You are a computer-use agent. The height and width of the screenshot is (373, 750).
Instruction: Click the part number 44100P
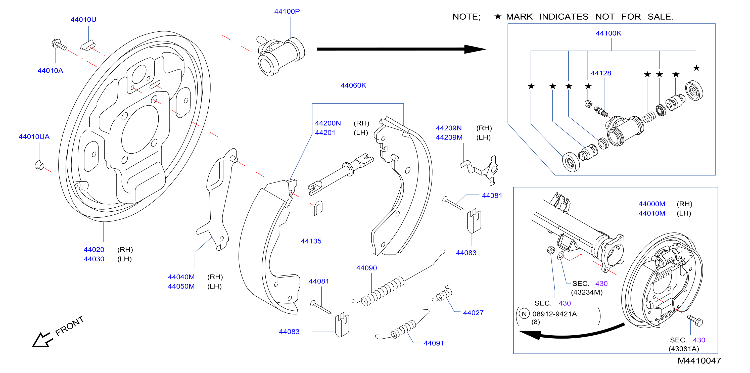(287, 11)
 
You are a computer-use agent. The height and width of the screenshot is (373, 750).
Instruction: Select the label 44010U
(83, 20)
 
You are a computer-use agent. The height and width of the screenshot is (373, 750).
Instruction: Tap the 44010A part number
(50, 70)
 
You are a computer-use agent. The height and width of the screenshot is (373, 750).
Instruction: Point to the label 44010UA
(34, 136)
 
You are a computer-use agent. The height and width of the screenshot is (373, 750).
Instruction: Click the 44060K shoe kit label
(353, 85)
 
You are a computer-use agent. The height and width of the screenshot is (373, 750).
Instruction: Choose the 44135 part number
(311, 241)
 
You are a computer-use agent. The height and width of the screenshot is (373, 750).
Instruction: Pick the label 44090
(366, 268)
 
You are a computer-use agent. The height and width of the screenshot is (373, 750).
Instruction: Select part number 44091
(434, 343)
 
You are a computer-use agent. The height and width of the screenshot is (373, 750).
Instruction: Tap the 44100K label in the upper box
(608, 33)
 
